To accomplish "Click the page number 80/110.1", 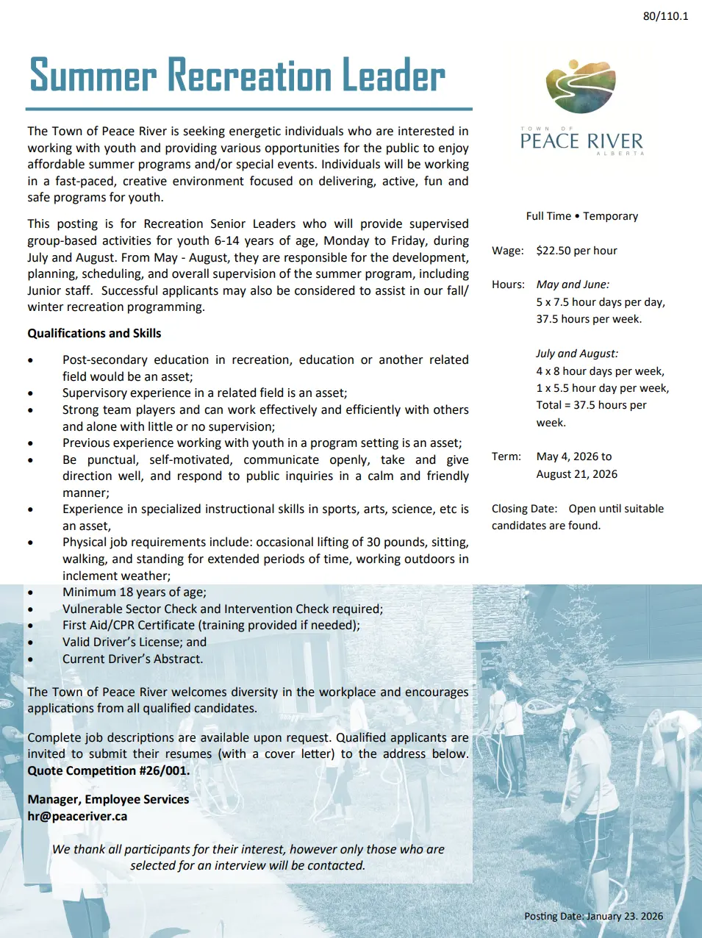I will coord(665,16).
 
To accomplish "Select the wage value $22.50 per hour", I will coord(576,251).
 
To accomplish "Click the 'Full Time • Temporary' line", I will coord(581,216).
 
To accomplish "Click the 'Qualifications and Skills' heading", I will coord(94,333).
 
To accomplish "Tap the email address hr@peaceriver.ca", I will coord(77,816).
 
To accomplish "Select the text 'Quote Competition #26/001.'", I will coord(109,770).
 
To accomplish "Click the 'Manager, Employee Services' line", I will coord(108,799).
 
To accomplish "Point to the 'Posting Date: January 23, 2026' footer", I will coord(593,916).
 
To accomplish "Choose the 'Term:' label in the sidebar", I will coord(506,457).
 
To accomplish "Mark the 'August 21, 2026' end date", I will coord(576,474).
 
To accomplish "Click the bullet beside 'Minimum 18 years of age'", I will coord(30,592).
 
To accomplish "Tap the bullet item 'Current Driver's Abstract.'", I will coord(132,659).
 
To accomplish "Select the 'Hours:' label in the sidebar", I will coord(508,284).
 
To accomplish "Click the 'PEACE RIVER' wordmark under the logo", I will coord(581,140).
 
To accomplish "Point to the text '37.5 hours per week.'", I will coord(589,319).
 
